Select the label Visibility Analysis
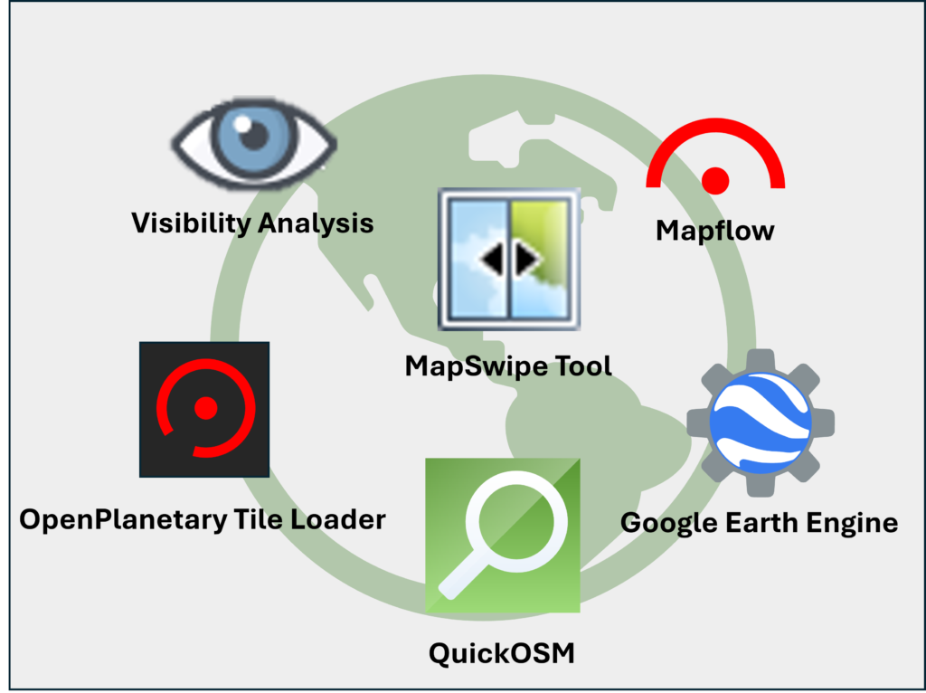point(252,223)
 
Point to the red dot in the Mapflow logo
point(715,180)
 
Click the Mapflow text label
point(714,231)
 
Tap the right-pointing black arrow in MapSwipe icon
point(526,261)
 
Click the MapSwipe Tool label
point(508,365)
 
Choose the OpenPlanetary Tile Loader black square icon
point(204,409)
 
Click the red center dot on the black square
point(206,408)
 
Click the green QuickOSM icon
point(502,536)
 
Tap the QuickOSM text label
point(502,652)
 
